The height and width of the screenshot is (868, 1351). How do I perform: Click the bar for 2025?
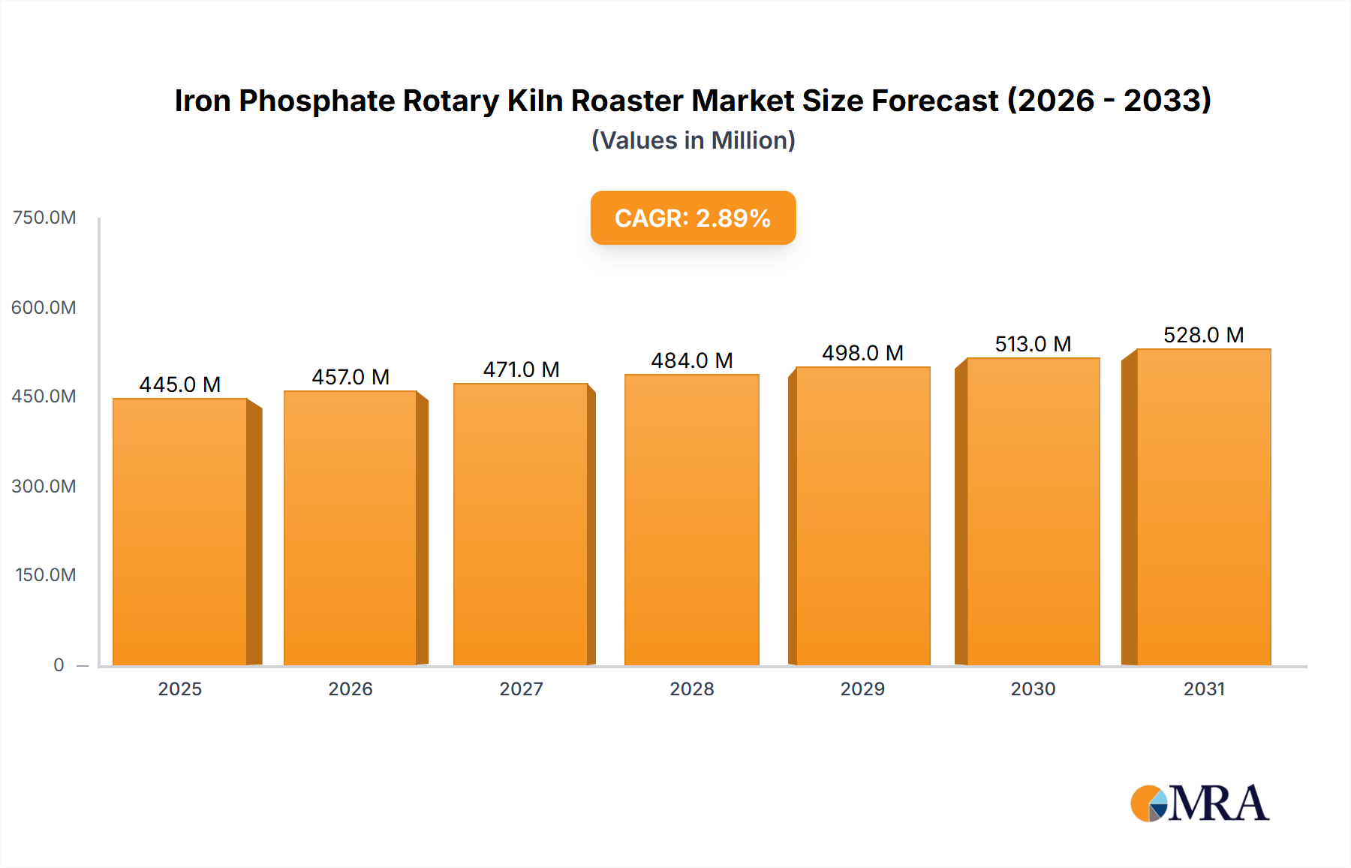coord(180,532)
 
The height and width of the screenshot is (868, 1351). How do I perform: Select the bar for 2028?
coord(691,520)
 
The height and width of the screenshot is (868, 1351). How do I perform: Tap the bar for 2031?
coord(1203,507)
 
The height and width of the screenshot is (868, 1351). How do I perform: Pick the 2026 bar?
coord(351,528)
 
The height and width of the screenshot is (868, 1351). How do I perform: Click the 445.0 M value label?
coord(180,384)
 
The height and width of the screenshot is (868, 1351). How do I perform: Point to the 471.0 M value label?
coord(521,369)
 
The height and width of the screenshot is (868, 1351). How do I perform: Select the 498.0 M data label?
coord(862,353)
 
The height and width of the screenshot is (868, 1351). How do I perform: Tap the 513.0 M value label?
coord(1033,344)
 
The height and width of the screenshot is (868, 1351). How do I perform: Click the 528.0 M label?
coord(1203,335)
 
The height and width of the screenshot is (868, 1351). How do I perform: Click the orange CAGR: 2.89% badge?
coord(693,218)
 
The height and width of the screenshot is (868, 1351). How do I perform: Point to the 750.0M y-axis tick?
coord(44,218)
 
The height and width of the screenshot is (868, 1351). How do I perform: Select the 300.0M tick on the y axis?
coord(44,486)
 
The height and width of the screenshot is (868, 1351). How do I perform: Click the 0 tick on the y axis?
coord(59,665)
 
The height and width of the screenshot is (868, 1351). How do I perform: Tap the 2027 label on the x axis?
coord(521,689)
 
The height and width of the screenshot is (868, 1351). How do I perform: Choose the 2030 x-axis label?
coord(1033,689)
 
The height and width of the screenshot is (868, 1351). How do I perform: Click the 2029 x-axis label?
coord(862,689)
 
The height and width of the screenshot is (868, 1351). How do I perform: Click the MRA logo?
coord(1199,803)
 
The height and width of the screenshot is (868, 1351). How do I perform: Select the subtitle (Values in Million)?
coord(693,140)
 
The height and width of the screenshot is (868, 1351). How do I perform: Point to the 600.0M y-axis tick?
coord(44,307)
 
